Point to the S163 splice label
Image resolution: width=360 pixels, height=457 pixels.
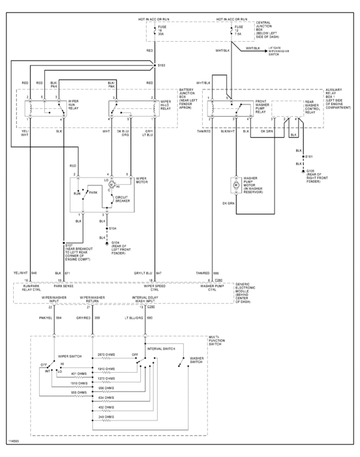pyautogui.click(x=162, y=67)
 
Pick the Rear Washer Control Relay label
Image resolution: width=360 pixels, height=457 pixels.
pyautogui.click(x=314, y=107)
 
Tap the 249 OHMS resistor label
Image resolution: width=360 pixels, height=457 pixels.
pyautogui.click(x=106, y=416)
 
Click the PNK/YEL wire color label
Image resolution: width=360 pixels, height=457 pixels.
pyautogui.click(x=44, y=319)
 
